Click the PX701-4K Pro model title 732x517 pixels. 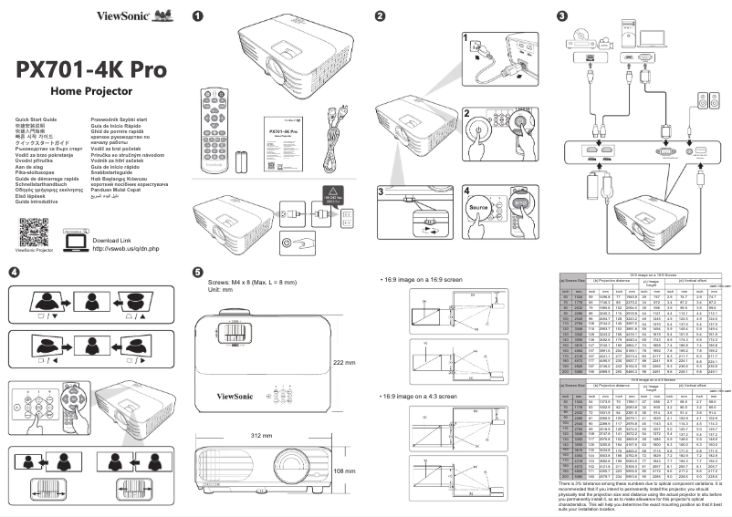[x=90, y=71]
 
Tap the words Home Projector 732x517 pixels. [x=91, y=92]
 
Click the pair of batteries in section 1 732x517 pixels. [x=241, y=162]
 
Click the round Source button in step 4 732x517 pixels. [x=479, y=209]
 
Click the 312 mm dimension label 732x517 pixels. [x=262, y=436]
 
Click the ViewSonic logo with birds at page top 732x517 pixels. [x=140, y=15]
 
